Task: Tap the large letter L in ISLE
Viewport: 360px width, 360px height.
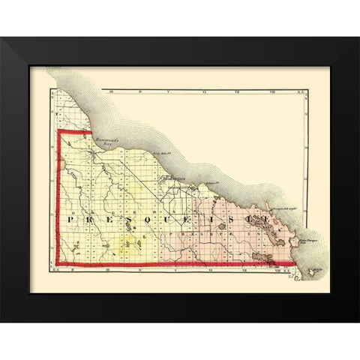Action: pos(268,220)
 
